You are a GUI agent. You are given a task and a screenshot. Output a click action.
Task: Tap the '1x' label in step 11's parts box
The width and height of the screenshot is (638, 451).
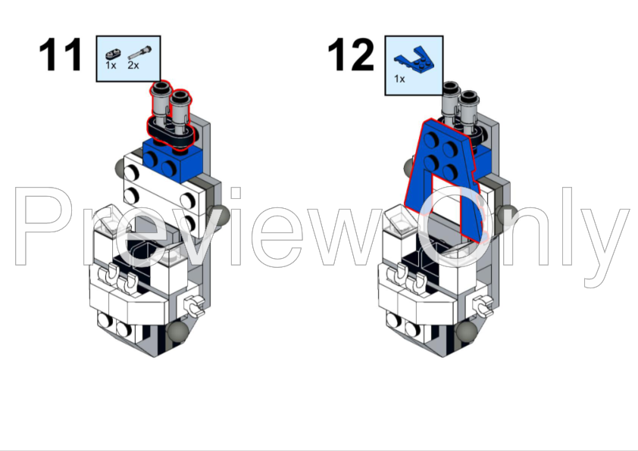(x=111, y=66)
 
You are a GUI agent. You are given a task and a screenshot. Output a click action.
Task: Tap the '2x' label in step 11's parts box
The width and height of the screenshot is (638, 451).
(x=133, y=66)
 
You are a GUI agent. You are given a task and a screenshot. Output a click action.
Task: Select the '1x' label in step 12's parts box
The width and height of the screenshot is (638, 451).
(x=399, y=78)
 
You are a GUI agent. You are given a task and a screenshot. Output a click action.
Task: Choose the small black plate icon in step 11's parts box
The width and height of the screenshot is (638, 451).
(x=113, y=54)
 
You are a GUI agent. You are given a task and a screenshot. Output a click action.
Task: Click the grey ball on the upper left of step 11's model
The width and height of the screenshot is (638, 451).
(x=121, y=167)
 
